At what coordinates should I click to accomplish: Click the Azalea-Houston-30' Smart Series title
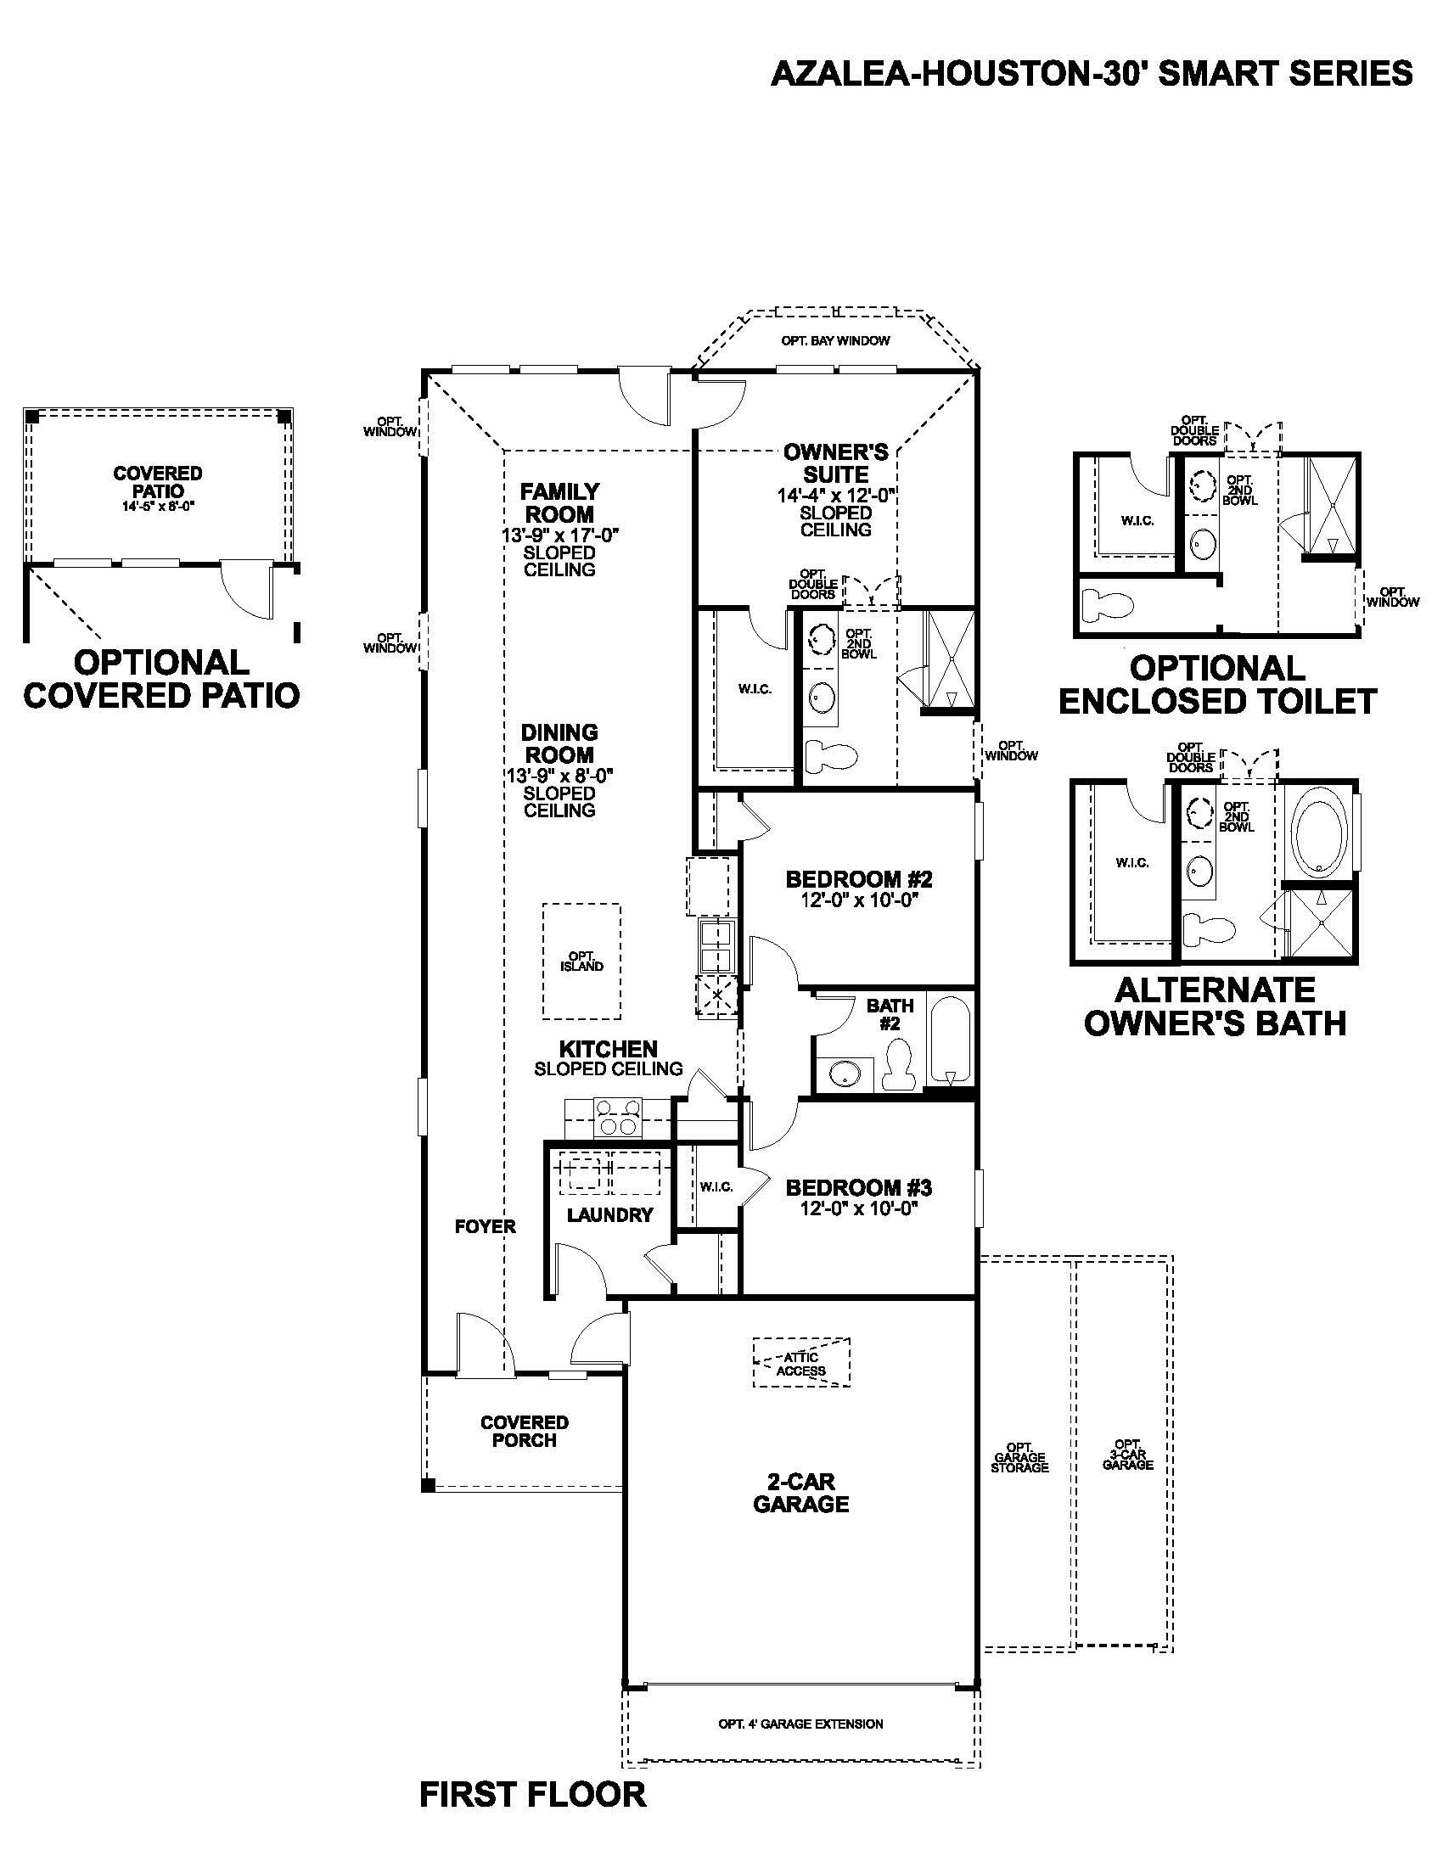tap(1092, 75)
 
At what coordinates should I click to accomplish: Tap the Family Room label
tap(560, 502)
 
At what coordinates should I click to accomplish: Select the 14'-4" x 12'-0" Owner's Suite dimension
tap(835, 496)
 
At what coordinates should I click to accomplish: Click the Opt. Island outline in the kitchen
tap(582, 962)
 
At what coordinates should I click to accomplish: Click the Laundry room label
tap(609, 1214)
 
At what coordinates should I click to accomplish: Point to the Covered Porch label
tap(524, 1431)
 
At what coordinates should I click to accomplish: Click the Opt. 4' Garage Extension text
tap(800, 1724)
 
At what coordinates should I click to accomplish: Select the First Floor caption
tap(532, 1794)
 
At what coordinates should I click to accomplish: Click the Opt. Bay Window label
tap(834, 340)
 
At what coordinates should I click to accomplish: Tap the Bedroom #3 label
tap(858, 1187)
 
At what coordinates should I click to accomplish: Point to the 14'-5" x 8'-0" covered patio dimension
tap(158, 506)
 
